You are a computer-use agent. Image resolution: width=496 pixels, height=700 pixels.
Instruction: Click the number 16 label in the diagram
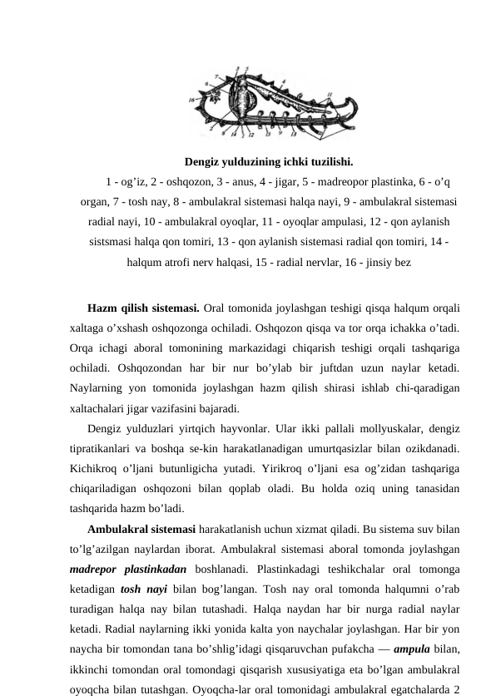pyautogui.click(x=191, y=99)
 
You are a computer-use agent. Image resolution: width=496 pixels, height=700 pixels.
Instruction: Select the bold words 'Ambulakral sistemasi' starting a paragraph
pyautogui.click(x=141, y=530)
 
